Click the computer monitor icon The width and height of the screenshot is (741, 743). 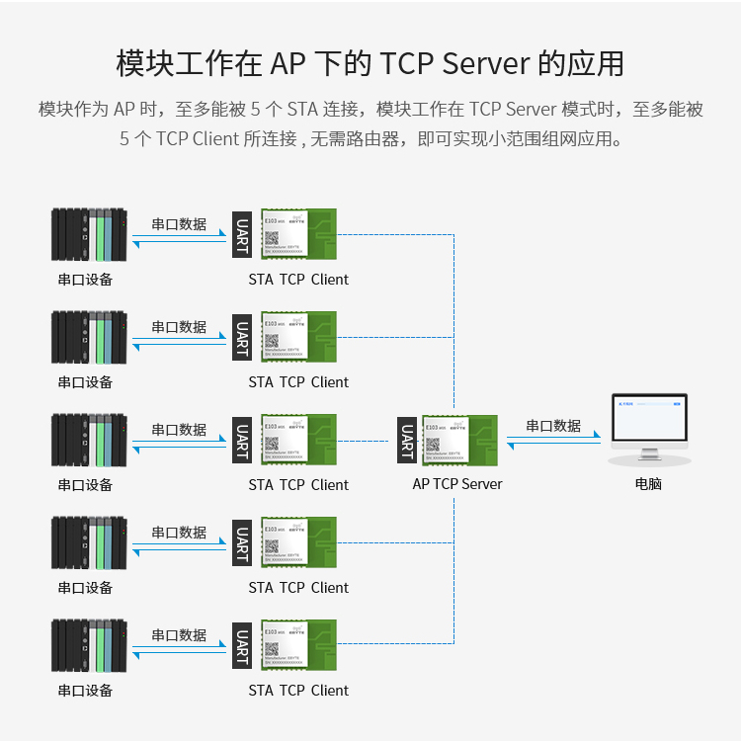point(648,427)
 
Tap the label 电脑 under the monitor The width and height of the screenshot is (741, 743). point(648,484)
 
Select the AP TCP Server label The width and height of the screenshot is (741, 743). point(457,484)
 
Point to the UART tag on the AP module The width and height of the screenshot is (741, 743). point(406,441)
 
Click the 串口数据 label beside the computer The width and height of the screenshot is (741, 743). point(553,426)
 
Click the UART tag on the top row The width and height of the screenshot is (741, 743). point(242,234)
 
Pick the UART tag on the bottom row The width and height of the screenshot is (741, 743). point(242,645)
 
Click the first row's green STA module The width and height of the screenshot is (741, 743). point(298,233)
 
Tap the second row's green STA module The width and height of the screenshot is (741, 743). point(298,336)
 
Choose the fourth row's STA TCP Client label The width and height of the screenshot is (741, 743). point(298,588)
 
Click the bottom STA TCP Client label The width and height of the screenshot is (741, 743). point(298,691)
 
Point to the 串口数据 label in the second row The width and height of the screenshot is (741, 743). point(179,327)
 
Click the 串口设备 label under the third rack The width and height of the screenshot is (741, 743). point(85,485)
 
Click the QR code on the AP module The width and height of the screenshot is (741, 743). point(433,446)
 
